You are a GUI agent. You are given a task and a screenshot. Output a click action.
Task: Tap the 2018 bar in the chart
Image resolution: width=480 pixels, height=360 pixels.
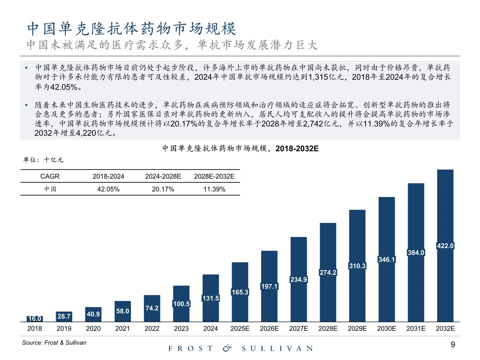point(35,319)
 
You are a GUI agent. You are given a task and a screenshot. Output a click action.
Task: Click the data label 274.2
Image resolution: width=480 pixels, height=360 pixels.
point(328,272)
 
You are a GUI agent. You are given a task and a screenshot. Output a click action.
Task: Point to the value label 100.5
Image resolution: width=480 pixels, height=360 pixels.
point(181,304)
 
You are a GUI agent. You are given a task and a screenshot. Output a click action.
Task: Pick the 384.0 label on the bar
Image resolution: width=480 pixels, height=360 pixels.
point(416,253)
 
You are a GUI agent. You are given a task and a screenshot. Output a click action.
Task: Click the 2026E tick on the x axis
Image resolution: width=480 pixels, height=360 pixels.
point(269,329)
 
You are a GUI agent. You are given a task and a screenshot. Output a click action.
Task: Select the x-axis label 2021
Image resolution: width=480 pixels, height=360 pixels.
point(123,329)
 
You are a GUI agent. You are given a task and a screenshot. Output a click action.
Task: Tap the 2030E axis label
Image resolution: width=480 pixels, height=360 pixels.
point(387,329)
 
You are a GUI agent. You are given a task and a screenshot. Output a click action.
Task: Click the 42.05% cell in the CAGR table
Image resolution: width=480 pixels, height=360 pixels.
point(108,189)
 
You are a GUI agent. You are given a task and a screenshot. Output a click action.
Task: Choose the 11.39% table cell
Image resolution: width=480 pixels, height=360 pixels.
point(214,189)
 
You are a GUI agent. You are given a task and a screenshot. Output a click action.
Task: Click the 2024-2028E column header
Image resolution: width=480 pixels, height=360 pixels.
point(163,176)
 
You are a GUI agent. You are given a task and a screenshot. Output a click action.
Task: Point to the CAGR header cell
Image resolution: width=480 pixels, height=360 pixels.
point(50,176)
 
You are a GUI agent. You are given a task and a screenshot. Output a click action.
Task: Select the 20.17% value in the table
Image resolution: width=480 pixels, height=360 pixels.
point(163,189)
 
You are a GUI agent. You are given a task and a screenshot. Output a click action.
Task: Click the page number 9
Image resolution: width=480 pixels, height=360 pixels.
point(453,345)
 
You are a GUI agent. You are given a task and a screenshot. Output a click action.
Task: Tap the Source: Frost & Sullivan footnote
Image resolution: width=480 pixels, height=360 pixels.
point(54,343)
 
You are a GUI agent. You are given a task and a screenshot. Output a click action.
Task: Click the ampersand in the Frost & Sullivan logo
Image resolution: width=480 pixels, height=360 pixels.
point(227,348)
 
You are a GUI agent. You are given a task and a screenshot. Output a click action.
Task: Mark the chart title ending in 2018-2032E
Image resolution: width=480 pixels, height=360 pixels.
point(240,149)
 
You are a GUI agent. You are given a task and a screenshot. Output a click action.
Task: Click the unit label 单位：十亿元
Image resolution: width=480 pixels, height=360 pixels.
point(43,160)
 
